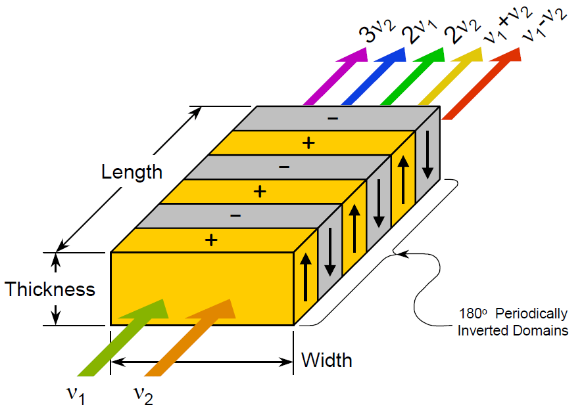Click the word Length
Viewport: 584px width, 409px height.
(x=132, y=172)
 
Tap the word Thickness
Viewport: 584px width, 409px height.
(x=50, y=290)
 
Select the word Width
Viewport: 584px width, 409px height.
(x=326, y=360)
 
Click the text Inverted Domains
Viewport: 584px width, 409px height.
(x=513, y=331)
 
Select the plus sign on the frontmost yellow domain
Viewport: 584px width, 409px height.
(x=211, y=240)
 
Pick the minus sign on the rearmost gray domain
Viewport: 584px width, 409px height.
(x=333, y=118)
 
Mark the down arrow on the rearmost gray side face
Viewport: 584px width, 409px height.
(x=427, y=155)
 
